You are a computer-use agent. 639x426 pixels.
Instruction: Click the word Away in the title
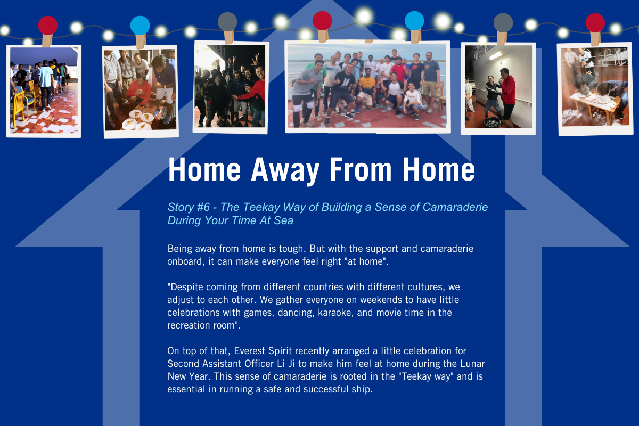(x=285, y=170)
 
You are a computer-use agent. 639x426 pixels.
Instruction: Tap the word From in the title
(x=361, y=169)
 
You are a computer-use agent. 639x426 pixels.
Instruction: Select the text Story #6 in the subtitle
(x=189, y=207)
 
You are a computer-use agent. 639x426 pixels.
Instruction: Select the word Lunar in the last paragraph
(x=472, y=364)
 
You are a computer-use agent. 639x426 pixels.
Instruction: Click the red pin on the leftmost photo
(x=48, y=26)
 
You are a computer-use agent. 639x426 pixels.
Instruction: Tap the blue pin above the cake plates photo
(x=140, y=26)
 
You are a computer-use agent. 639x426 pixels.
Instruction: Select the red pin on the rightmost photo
(x=595, y=23)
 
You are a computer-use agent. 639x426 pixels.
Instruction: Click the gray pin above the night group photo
(x=227, y=22)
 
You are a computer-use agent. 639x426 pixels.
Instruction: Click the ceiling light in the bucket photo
(x=496, y=55)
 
